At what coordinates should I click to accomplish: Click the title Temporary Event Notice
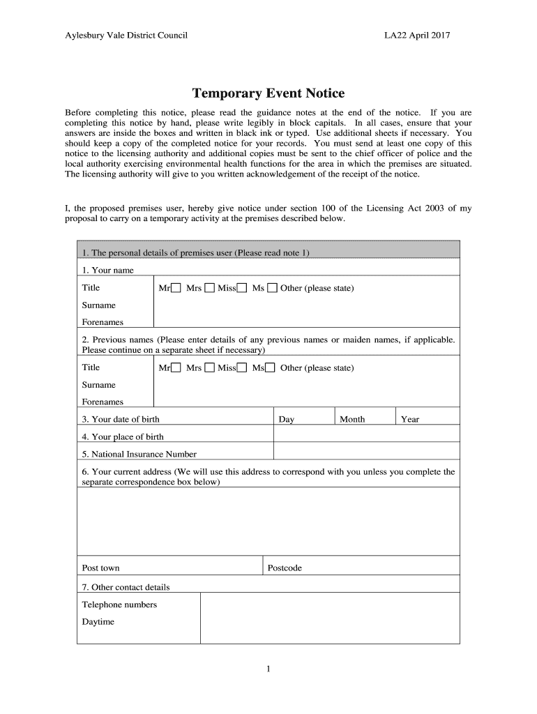click(268, 93)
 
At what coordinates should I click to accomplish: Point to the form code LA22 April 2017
click(417, 35)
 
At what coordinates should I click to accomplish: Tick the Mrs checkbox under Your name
click(209, 288)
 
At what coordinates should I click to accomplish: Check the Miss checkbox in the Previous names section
click(242, 368)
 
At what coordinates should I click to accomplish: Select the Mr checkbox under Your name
click(176, 288)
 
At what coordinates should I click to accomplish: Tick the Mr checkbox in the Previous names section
click(176, 368)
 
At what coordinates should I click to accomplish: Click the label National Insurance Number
click(139, 454)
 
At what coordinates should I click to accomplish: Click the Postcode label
click(285, 568)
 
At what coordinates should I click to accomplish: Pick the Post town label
click(100, 568)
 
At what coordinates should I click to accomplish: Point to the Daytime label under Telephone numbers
click(98, 622)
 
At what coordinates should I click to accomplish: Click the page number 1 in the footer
click(268, 669)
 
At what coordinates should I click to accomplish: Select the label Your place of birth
click(123, 436)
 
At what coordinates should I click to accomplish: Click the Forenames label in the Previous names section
click(103, 402)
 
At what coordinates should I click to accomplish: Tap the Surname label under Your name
click(99, 305)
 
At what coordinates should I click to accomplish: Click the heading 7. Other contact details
click(126, 587)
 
